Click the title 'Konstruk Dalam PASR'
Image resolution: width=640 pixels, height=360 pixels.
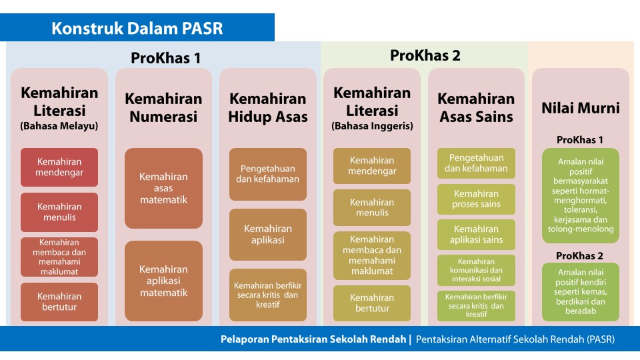coord(137,28)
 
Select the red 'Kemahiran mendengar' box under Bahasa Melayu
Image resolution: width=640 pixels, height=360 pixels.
coord(59,167)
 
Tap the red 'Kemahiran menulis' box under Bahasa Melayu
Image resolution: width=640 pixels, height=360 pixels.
coord(59,212)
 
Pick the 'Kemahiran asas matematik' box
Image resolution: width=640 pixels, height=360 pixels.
coord(164,188)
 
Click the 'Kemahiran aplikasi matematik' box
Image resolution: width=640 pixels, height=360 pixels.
coord(164,281)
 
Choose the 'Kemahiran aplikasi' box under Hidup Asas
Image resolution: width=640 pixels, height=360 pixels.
coord(268,235)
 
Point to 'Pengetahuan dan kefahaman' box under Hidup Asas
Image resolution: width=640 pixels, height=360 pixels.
coord(268,174)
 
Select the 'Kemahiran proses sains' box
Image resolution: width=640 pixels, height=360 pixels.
coord(476,199)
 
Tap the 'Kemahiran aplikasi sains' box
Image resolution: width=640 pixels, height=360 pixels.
coord(476,235)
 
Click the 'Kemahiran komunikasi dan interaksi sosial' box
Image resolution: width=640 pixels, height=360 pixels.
coord(476,270)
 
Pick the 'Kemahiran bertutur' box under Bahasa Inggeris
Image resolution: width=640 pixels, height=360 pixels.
coord(372,303)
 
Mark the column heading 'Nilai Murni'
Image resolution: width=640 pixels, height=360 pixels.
coord(581,108)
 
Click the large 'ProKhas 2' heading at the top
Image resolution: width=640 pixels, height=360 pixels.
coord(425,55)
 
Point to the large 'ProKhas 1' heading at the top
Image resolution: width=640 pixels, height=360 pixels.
coord(166,58)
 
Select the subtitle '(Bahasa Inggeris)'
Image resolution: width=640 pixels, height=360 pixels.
coord(372,126)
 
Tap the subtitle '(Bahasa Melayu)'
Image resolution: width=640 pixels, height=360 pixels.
coord(59,126)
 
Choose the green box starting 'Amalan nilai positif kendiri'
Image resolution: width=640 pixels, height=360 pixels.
coord(581,292)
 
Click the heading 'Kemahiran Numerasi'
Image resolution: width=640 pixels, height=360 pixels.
coord(164,107)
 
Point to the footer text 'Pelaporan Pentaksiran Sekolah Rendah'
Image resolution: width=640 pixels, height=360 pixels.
coord(313,339)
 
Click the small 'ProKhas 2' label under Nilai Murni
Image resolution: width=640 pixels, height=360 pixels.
coord(579,256)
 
